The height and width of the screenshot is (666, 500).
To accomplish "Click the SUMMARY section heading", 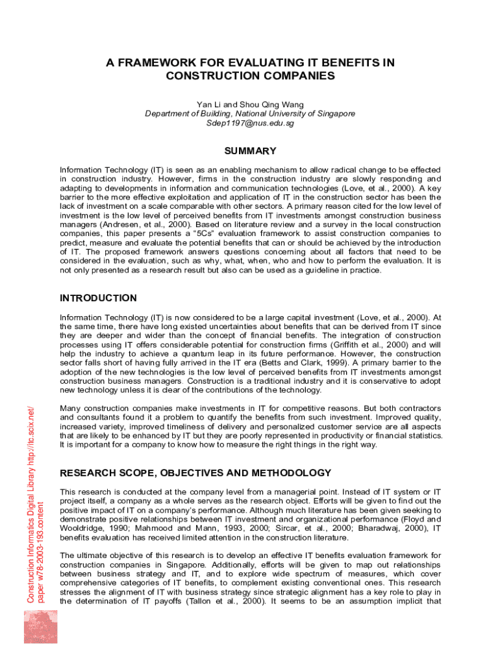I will click(250, 152).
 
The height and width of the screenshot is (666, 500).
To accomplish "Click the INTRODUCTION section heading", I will click(98, 299).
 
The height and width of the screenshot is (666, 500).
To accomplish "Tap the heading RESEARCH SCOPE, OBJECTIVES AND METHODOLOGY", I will click(195, 473).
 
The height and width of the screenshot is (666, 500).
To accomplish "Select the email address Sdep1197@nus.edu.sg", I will click(250, 123).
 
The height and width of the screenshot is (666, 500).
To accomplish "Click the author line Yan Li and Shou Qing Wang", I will click(250, 104).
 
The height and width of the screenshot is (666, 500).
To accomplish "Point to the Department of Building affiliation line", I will click(250, 114).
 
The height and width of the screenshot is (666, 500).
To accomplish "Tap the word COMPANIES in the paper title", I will click(295, 76).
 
